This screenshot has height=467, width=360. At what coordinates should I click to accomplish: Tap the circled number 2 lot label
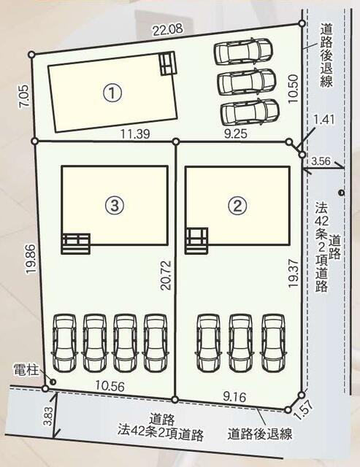pyautogui.click(x=236, y=206)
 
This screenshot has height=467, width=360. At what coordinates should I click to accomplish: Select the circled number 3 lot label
pyautogui.click(x=112, y=206)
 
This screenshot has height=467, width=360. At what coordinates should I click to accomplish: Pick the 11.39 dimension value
pyautogui.click(x=137, y=134)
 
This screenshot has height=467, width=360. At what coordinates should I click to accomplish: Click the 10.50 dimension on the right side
pyautogui.click(x=294, y=88)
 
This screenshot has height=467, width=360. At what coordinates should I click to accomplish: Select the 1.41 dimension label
pyautogui.click(x=322, y=119)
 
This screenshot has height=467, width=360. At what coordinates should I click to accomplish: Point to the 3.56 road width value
pyautogui.click(x=321, y=161)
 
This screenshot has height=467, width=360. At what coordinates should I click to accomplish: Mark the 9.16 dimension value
pyautogui.click(x=236, y=397)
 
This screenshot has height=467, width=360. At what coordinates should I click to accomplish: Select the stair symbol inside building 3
pyautogui.click(x=75, y=242)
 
